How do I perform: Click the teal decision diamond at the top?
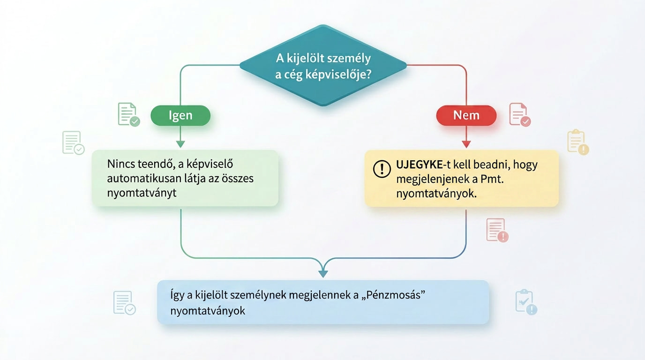323,66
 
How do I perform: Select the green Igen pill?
180,116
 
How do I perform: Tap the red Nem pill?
466,116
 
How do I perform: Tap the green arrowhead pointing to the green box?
180,144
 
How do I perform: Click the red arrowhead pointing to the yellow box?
466,144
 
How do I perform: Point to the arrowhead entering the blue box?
323,273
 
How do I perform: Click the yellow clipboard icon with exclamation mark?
577,142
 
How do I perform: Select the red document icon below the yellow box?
497,230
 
